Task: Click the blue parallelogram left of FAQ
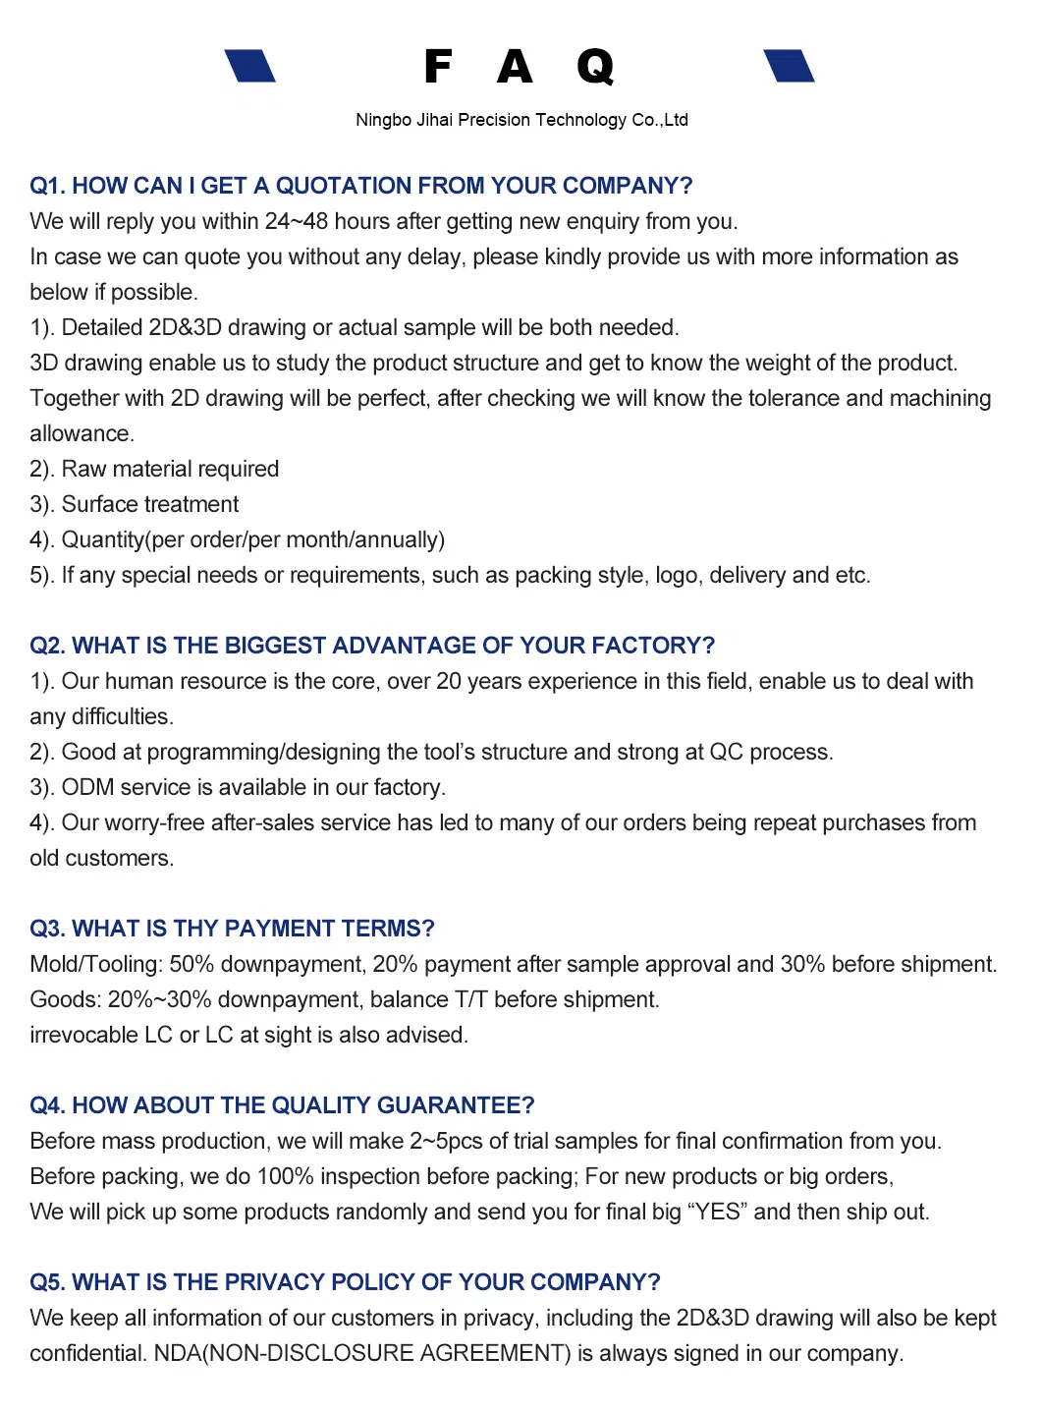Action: [x=249, y=66]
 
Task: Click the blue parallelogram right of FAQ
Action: [x=789, y=66]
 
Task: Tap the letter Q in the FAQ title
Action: [x=594, y=67]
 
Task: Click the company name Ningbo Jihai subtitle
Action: [x=521, y=120]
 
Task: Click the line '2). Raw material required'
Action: [x=154, y=469]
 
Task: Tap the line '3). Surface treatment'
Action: [x=135, y=504]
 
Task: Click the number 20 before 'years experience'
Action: [x=449, y=681]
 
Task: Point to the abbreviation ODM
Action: [x=87, y=787]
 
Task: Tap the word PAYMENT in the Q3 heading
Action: [x=280, y=929]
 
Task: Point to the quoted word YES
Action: [x=718, y=1212]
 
